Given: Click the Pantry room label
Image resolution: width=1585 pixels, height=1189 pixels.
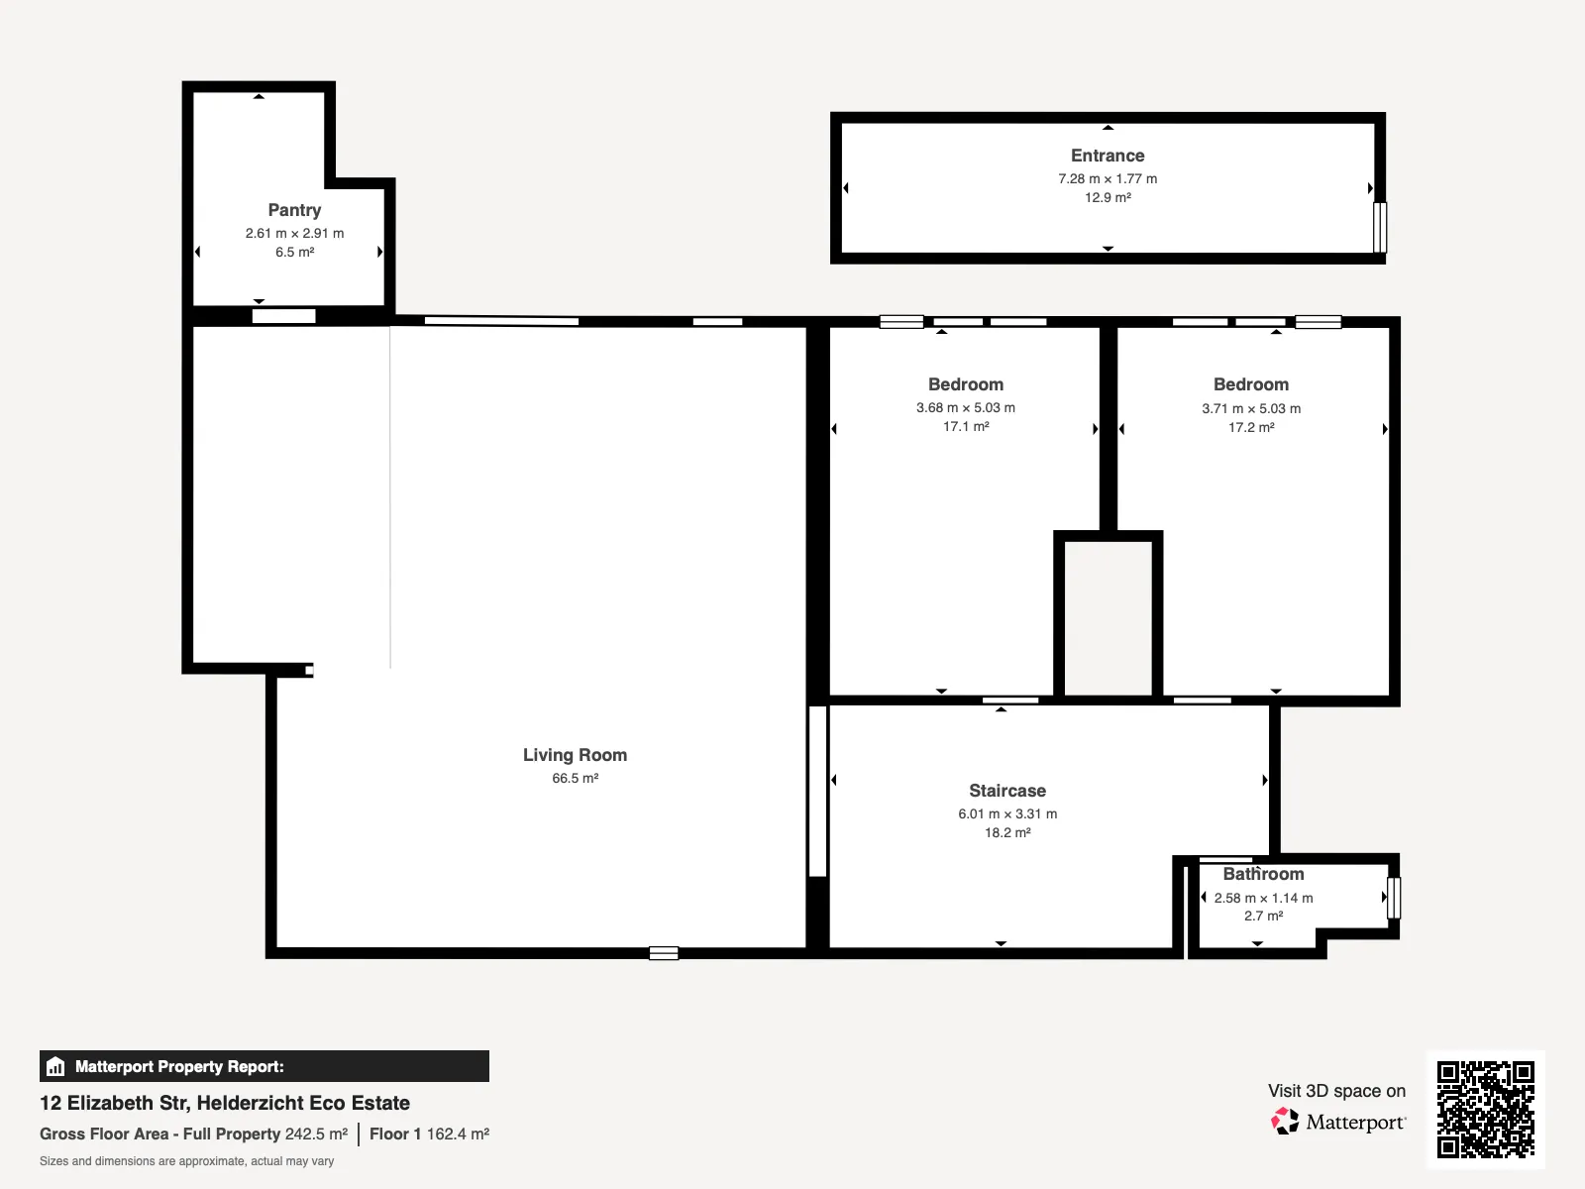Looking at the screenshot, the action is click(294, 210).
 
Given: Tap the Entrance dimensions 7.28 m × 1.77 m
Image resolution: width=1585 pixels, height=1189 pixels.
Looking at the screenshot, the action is click(1108, 178).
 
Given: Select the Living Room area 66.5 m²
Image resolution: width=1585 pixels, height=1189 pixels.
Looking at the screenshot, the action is click(575, 778).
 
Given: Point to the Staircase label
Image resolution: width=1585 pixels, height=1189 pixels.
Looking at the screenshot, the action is click(1007, 791).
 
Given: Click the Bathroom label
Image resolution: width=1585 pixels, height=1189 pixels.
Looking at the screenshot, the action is click(1263, 874).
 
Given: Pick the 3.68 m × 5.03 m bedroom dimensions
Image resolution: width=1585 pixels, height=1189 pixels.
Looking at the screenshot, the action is click(966, 408).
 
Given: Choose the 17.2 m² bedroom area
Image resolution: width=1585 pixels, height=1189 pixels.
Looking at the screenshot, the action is click(1251, 427).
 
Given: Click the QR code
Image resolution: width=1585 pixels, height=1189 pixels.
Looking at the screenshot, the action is click(1485, 1110).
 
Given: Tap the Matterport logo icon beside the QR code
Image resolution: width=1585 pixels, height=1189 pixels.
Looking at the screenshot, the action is click(1285, 1122).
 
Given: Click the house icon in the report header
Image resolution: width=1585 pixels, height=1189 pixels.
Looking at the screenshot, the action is click(55, 1066).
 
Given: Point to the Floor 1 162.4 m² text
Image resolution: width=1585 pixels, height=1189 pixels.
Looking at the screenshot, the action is click(430, 1135).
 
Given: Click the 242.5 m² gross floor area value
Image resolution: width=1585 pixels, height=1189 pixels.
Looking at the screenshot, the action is click(316, 1135).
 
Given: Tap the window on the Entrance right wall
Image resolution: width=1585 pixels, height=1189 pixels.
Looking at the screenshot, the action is click(1380, 228).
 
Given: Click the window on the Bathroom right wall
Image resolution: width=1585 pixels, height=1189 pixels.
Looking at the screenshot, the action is click(1394, 898).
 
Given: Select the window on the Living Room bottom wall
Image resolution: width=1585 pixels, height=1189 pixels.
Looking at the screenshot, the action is click(664, 953).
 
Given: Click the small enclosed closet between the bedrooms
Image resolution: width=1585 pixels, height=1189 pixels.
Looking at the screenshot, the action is click(1108, 618).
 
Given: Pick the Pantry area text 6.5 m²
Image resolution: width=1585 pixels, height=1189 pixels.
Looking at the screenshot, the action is click(294, 252).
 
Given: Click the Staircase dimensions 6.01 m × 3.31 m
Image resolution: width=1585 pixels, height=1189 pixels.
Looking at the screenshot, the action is click(1007, 814).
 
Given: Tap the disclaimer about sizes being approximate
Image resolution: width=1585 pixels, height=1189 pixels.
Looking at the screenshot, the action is click(186, 1161).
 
